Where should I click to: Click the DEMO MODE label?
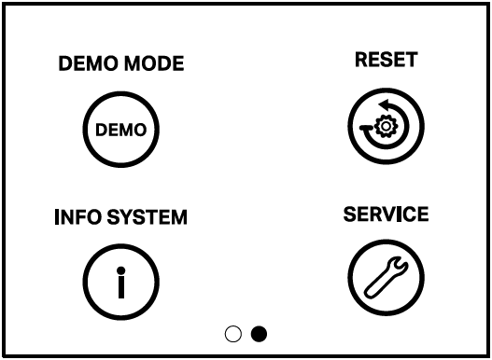point(121,63)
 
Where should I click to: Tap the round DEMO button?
point(121,130)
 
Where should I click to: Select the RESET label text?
point(386,60)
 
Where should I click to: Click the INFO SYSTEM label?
point(121,218)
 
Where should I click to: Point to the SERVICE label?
point(386,214)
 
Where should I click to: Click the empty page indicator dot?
point(233,333)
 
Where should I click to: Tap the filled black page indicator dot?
point(259,333)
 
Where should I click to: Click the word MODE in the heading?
point(152,63)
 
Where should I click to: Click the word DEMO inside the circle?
point(121,131)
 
